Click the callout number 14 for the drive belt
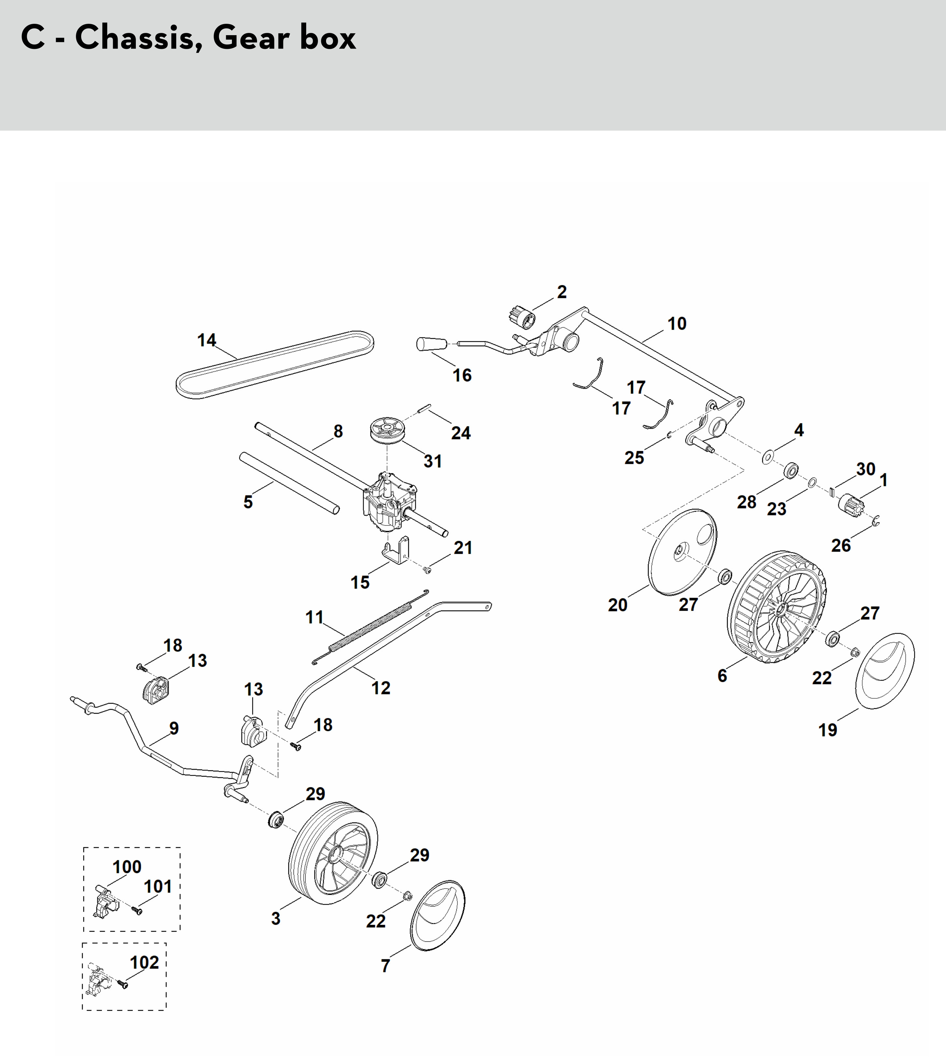[x=206, y=340]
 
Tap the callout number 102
[x=144, y=962]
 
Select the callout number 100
[x=127, y=867]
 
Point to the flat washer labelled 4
[x=767, y=457]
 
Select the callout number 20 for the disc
[x=618, y=605]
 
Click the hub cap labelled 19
[x=884, y=670]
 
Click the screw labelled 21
[x=428, y=570]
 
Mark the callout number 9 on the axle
[x=174, y=728]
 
